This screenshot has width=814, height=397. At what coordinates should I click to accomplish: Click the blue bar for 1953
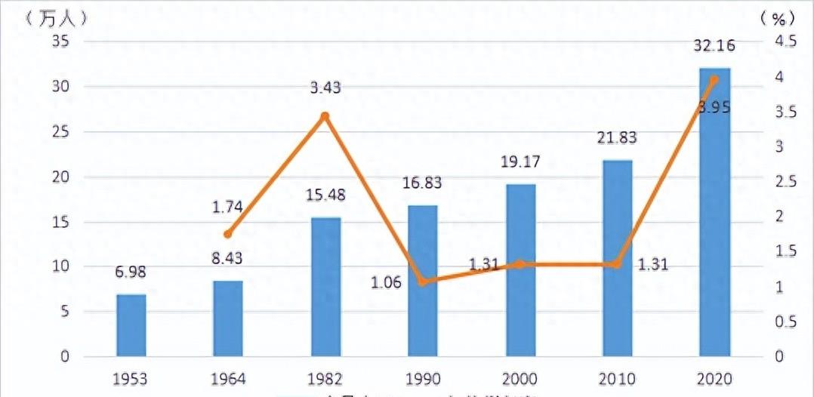(131, 325)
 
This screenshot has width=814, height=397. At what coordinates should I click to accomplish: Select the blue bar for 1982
(325, 287)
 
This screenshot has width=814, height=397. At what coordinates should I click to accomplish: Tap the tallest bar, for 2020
(714, 212)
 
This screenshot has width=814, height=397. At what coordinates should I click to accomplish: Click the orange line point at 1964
(228, 234)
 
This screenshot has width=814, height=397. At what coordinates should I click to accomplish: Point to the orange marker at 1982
(325, 116)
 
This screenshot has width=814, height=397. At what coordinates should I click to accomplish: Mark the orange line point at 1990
(423, 282)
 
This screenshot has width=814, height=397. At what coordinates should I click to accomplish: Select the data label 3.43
(325, 88)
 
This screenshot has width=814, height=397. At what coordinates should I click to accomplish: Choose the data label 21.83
(617, 137)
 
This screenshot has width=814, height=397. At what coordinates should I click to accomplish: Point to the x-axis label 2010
(617, 378)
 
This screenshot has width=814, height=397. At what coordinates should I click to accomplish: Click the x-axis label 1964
(228, 378)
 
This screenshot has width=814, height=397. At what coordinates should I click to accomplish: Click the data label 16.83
(423, 183)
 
